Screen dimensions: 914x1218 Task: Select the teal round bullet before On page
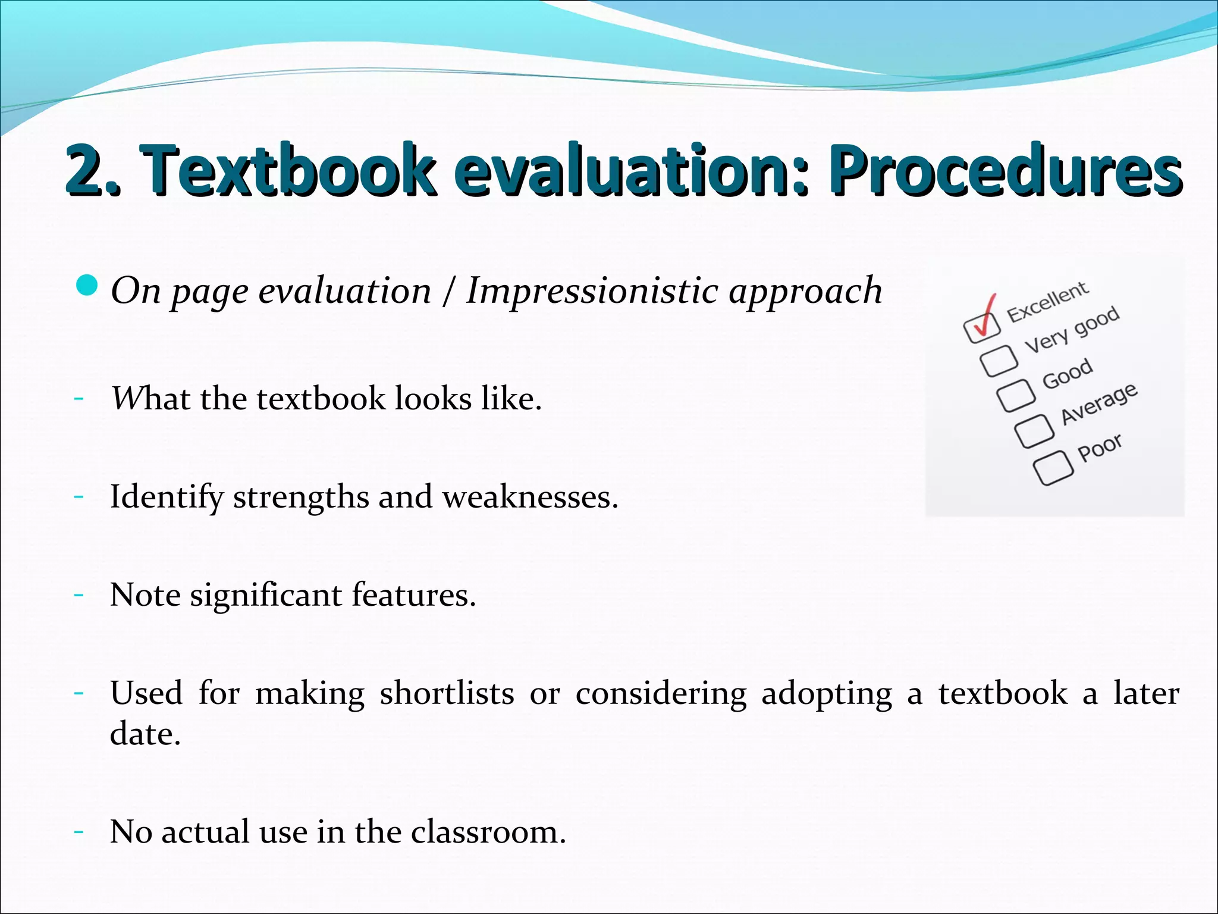point(87,286)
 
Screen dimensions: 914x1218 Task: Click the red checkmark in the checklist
point(984,315)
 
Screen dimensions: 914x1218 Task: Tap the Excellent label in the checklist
point(1048,302)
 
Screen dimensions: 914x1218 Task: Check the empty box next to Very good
point(999,360)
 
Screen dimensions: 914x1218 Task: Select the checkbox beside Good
point(1016,395)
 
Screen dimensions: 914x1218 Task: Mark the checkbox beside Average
point(1034,430)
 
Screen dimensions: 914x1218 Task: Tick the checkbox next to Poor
point(1053,467)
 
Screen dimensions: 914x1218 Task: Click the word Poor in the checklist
point(1100,447)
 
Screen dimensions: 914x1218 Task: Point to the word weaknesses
point(530,497)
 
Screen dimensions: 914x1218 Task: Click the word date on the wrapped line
point(145,734)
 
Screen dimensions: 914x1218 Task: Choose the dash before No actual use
point(79,831)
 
